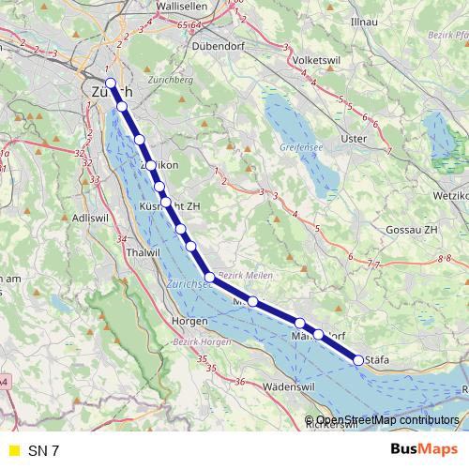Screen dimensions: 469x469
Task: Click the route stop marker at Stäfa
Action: coord(358,359)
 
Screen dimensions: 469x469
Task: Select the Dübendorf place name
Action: coord(217,44)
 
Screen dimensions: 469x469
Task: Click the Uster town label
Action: coord(353,139)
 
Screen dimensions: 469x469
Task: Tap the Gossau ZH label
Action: coord(413,230)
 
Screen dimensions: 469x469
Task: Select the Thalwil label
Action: coord(144,252)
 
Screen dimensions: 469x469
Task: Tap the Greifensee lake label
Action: coord(301,148)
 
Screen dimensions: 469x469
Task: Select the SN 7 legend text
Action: coord(43,450)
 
